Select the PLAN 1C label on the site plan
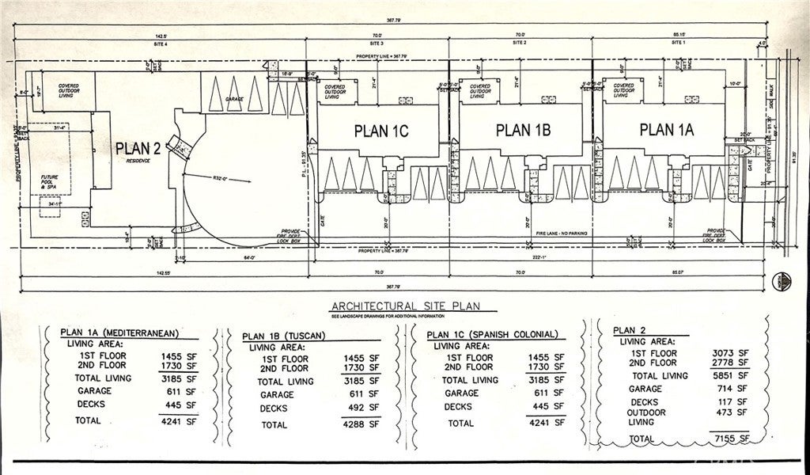[380, 131]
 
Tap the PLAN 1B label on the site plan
[523, 130]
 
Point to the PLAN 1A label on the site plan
[666, 130]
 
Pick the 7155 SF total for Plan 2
[731, 438]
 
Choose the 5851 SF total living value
[731, 375]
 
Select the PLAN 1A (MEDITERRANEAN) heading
[122, 333]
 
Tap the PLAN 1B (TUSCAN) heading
[284, 336]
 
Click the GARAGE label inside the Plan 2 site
[234, 99]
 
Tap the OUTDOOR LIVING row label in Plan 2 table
[646, 417]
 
